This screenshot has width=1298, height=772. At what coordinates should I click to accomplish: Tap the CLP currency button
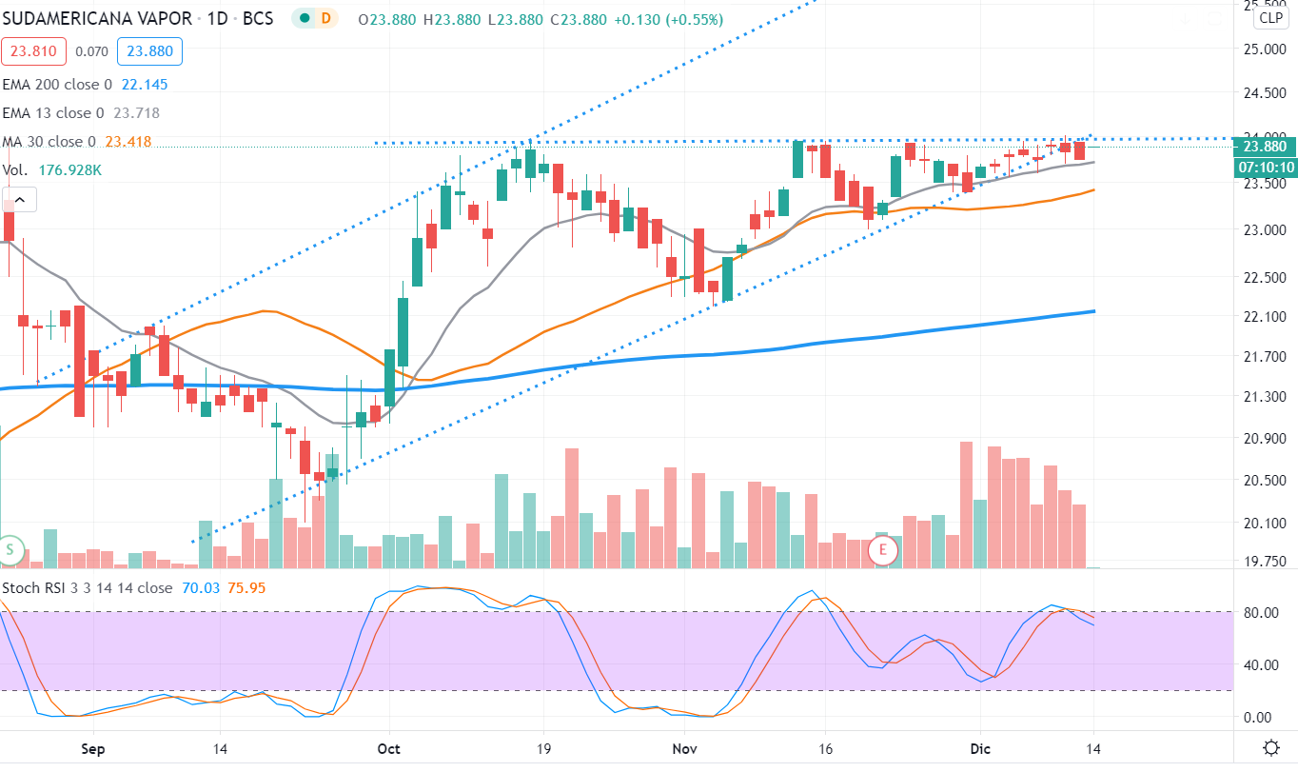coord(1269,18)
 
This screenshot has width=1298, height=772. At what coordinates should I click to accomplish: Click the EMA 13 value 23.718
coord(136,113)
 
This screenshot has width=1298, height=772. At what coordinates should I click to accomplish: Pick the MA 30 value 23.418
coord(128,142)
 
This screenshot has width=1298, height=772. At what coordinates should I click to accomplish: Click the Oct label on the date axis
coord(388,748)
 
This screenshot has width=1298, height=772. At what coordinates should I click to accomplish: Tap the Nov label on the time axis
coord(684,748)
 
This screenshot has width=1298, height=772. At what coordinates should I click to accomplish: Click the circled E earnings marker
coord(884,549)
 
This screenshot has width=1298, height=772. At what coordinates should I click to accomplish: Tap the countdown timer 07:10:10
coord(1265,168)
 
